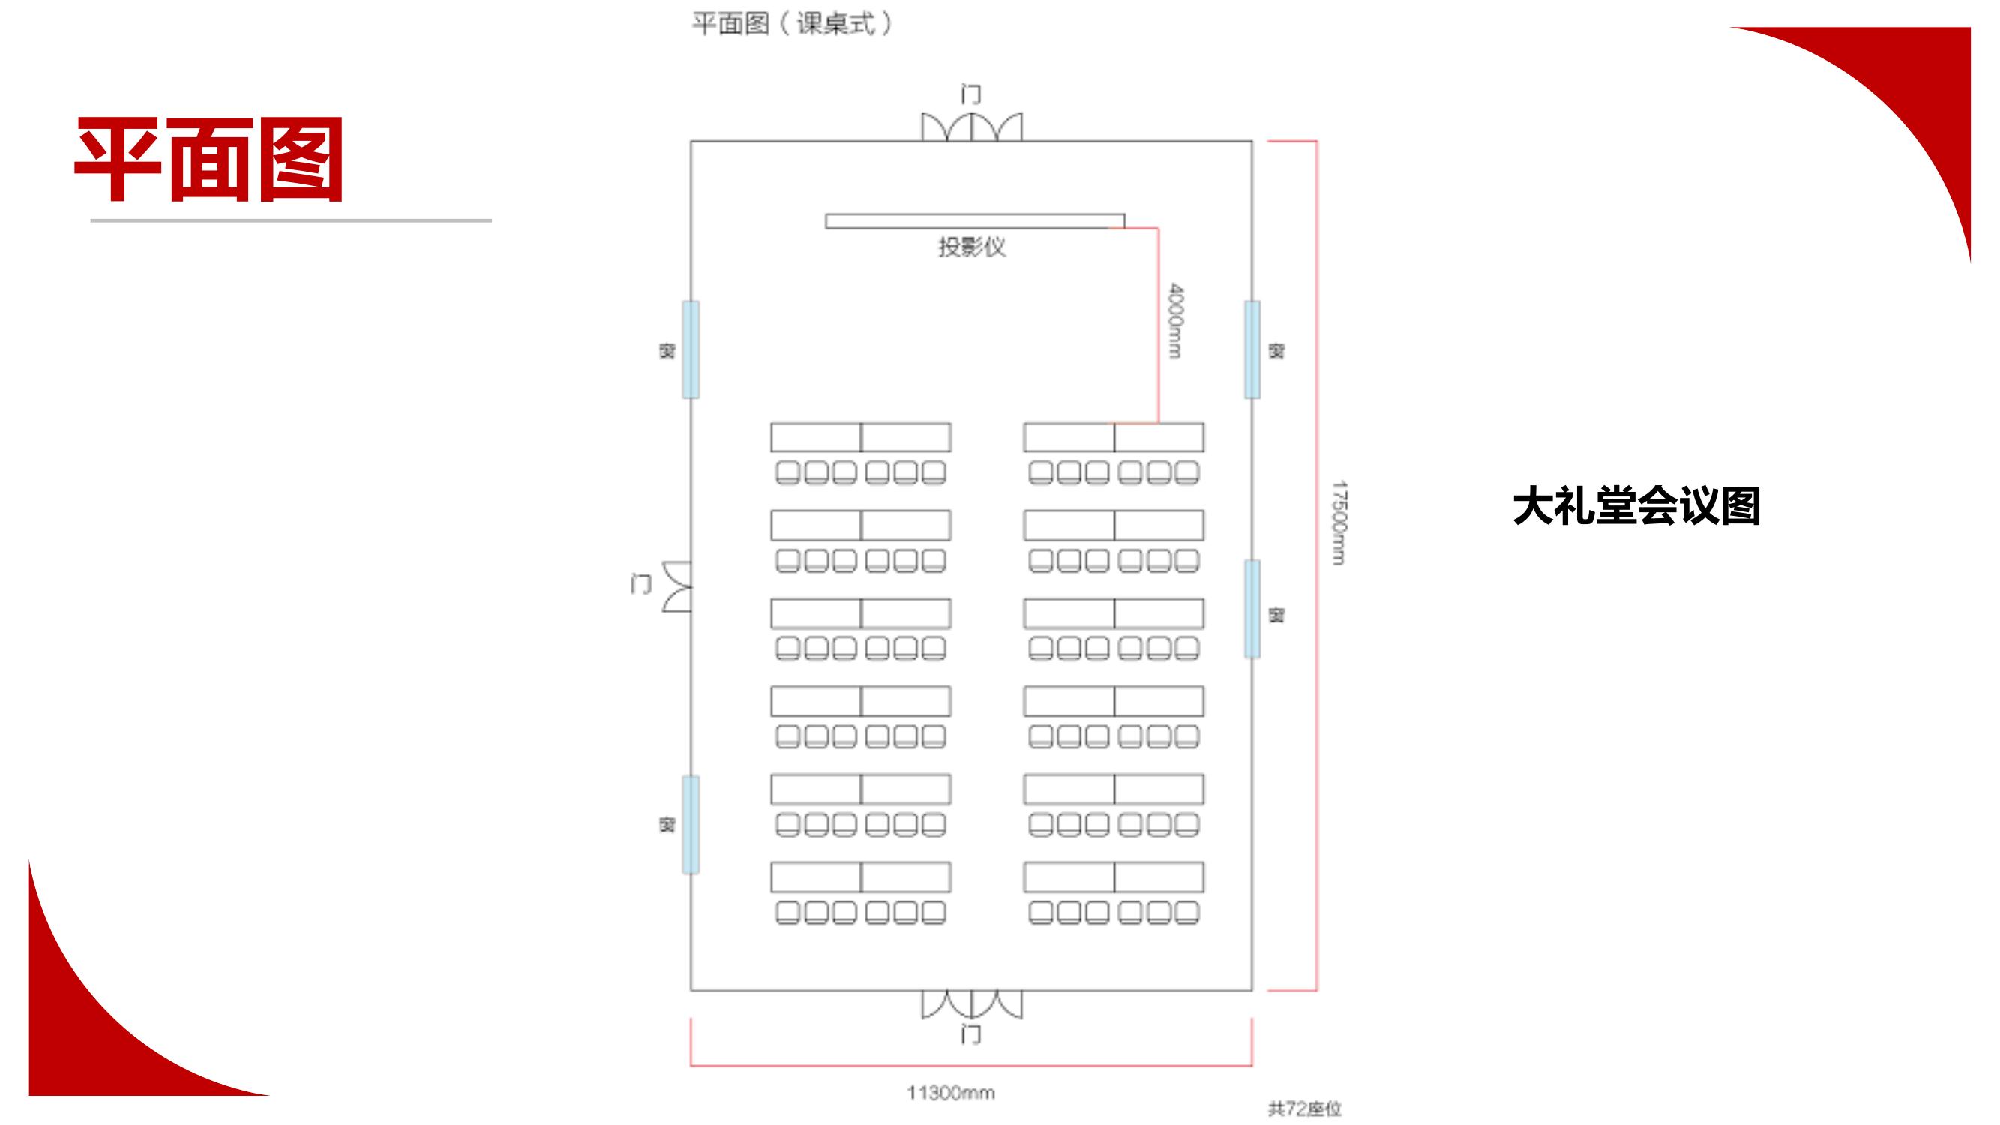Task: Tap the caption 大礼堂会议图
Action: [x=1636, y=507]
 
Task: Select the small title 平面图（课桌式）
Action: [x=792, y=24]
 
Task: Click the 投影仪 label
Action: [x=971, y=247]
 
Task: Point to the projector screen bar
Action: [x=974, y=221]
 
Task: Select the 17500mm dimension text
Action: [x=1339, y=523]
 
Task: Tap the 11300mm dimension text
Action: [x=950, y=1093]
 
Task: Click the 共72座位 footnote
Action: [x=1304, y=1108]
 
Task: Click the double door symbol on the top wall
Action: [x=971, y=127]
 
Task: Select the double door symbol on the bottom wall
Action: [x=971, y=1004]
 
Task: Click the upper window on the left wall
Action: [x=690, y=349]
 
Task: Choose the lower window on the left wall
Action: [x=690, y=824]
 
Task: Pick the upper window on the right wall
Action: [x=1252, y=349]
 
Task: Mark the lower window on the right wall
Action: [x=1252, y=610]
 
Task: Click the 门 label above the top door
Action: [x=970, y=94]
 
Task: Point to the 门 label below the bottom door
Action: [x=970, y=1034]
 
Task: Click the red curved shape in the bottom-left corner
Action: [x=85, y=1033]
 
